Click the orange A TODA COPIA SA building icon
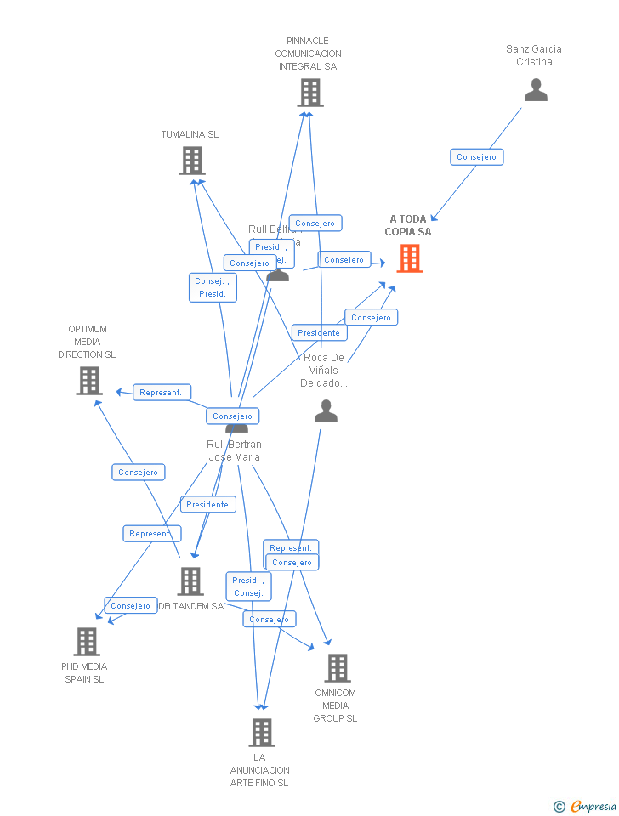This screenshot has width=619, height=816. [410, 258]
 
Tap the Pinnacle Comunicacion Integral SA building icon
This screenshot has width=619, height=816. [310, 93]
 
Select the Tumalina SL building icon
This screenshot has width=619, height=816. [192, 161]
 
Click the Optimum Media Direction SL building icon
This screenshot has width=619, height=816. [88, 381]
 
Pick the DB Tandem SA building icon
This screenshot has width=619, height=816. [190, 581]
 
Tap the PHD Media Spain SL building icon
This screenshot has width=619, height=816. [87, 642]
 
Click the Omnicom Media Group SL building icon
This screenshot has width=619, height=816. [337, 668]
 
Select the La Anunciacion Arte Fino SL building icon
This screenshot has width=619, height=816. [262, 733]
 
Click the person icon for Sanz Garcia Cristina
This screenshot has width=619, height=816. [536, 90]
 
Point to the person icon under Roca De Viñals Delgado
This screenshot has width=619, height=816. [326, 412]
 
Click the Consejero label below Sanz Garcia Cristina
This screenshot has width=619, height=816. [476, 157]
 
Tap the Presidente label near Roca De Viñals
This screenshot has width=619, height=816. [319, 333]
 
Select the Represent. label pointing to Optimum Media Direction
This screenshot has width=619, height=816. [162, 393]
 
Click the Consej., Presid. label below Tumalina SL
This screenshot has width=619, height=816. [213, 288]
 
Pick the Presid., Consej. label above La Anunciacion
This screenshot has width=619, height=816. [248, 586]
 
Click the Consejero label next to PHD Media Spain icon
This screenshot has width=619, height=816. [131, 606]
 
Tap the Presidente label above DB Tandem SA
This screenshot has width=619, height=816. [207, 505]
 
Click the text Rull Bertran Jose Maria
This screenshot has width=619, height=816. [235, 450]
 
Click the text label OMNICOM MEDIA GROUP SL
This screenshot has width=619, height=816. [336, 705]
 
